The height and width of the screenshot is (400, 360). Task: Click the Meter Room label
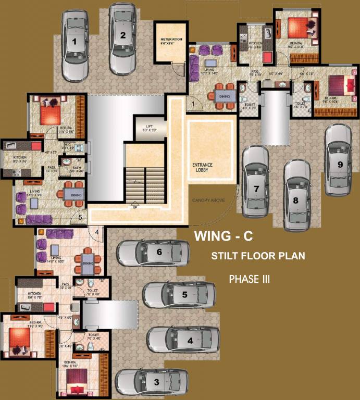tap(169, 41)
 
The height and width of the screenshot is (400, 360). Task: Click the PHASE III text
tap(250, 279)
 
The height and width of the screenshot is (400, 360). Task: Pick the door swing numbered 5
tap(80, 218)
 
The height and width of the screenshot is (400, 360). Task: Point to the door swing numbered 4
tap(97, 232)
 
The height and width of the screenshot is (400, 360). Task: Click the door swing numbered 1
tap(193, 105)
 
